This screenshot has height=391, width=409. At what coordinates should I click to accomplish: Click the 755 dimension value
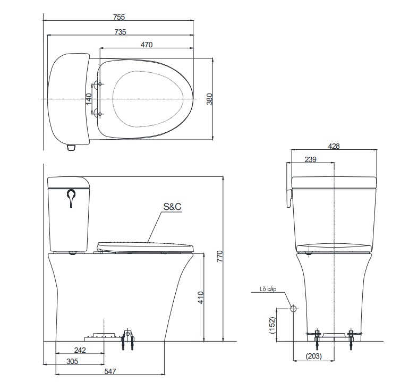click(120, 17)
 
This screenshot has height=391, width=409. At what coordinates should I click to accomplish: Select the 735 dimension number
click(120, 32)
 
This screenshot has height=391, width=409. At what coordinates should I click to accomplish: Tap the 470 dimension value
click(147, 45)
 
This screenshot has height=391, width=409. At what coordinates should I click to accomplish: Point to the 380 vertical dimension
click(209, 99)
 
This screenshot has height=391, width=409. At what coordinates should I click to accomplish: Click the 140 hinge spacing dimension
click(89, 98)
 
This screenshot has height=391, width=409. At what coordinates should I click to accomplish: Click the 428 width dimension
click(334, 146)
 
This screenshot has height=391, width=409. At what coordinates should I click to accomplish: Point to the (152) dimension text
click(271, 325)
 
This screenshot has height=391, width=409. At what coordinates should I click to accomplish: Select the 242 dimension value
click(80, 350)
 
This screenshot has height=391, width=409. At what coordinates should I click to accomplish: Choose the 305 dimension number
click(73, 361)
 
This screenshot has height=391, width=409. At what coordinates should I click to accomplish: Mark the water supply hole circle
click(293, 308)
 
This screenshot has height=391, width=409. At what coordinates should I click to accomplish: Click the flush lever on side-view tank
click(71, 198)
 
